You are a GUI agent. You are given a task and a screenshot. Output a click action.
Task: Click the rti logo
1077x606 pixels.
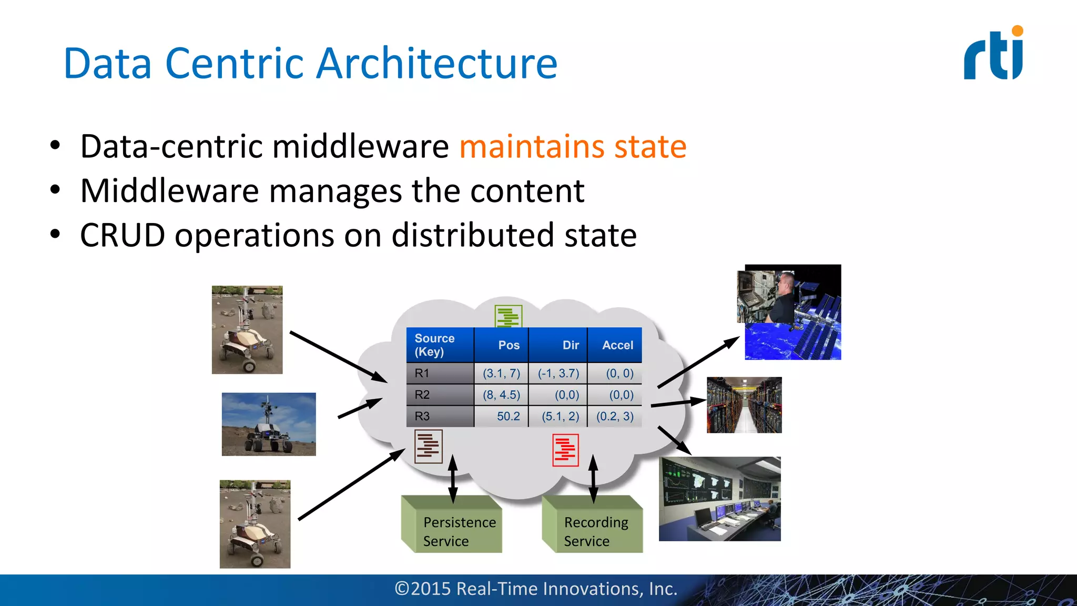993,54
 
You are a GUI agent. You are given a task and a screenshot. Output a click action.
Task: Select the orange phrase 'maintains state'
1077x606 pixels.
573,146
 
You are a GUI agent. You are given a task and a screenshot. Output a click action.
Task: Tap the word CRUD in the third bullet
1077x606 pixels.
122,235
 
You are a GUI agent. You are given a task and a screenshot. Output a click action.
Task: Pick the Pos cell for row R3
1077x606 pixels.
502,416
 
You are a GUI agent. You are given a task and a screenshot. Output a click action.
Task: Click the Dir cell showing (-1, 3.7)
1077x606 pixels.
558,373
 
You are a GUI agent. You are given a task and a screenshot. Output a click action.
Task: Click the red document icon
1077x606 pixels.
565,450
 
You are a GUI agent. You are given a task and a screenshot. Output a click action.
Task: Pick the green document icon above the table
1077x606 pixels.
508,316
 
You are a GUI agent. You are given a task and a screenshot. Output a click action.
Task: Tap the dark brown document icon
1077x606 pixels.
428,446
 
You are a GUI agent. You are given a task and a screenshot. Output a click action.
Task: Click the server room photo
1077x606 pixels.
744,405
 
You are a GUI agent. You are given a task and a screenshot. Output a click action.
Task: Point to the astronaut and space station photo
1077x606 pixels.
789,312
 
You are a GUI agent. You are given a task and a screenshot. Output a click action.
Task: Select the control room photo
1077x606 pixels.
719,499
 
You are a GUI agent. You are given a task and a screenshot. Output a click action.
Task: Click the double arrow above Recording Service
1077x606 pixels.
593,479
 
